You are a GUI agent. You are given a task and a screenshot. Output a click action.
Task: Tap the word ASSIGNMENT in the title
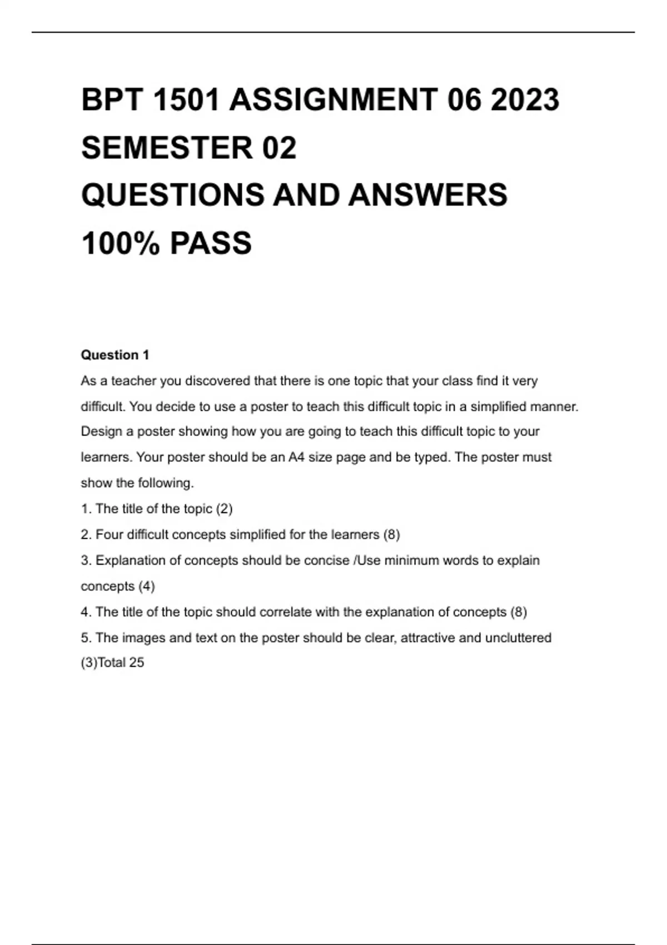tap(333, 100)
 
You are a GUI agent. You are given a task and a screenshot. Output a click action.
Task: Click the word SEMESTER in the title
tap(167, 148)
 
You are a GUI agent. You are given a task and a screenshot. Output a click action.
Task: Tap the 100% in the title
tap(120, 243)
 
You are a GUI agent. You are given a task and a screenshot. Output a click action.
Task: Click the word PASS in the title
tap(211, 243)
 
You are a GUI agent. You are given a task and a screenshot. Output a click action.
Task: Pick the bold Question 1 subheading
tap(115, 355)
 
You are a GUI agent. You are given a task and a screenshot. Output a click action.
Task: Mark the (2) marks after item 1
tap(224, 509)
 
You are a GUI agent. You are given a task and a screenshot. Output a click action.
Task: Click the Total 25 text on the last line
tap(121, 663)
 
